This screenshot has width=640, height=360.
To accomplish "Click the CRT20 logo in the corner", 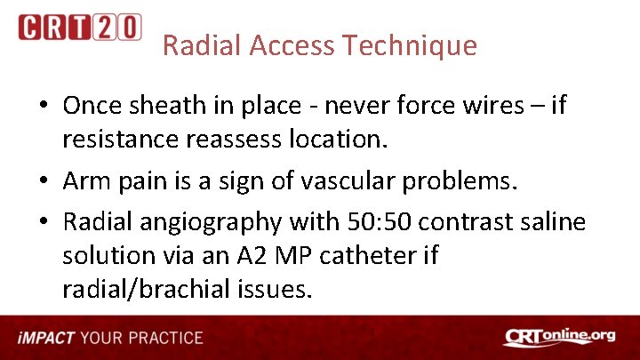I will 79,28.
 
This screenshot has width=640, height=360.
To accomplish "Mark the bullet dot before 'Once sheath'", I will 44,107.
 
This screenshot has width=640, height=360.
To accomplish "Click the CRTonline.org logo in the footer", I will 559,338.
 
